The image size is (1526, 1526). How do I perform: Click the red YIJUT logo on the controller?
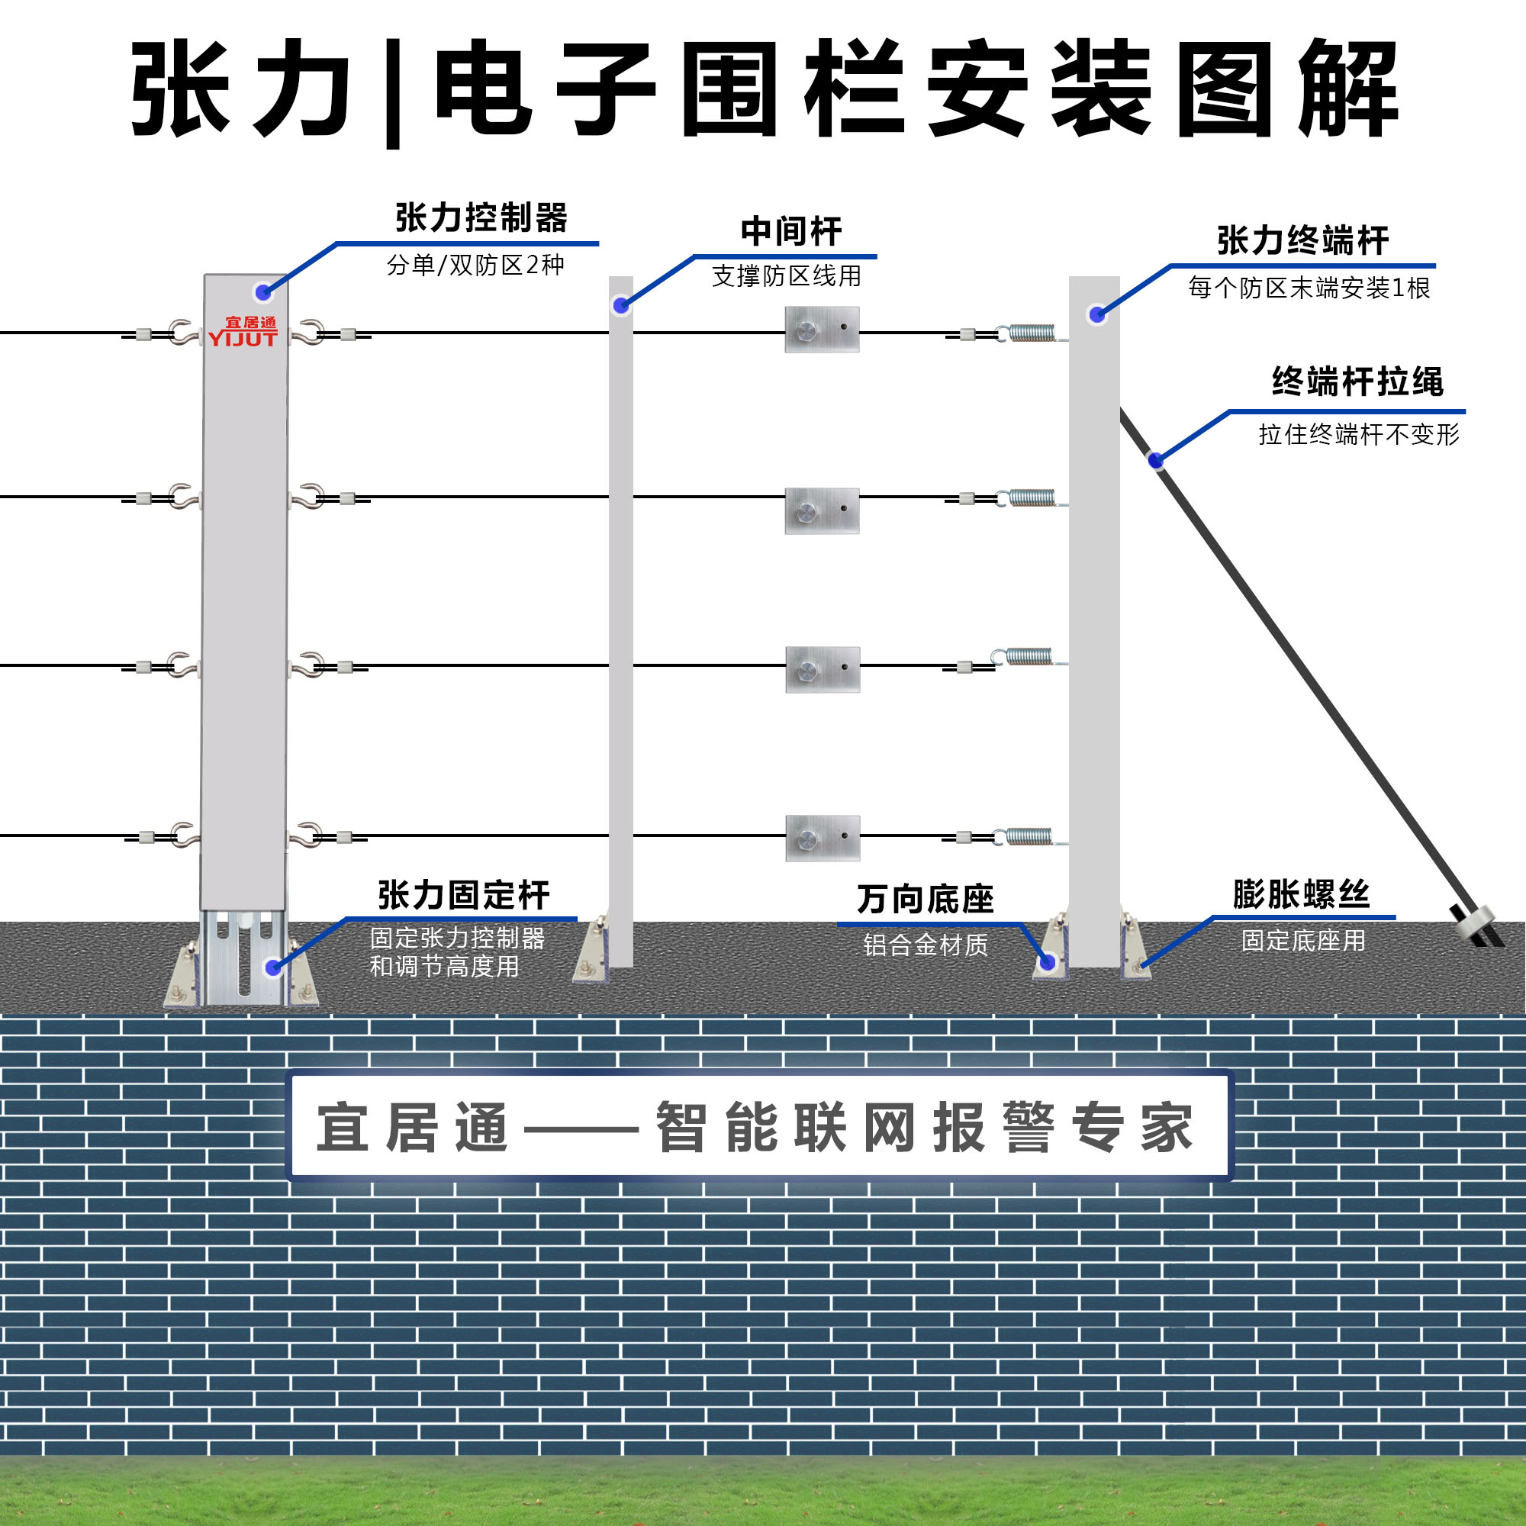coord(243,333)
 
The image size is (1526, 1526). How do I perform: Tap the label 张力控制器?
coord(481,218)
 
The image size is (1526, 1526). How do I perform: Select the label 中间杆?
coord(790,231)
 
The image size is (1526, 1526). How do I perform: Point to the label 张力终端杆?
coord(1302,240)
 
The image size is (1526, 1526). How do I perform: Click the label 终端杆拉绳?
coord(1357,381)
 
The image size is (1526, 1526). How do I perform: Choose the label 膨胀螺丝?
coord(1301,894)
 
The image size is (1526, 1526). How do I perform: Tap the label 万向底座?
coord(925,899)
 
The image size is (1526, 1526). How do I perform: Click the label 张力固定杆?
coord(464,896)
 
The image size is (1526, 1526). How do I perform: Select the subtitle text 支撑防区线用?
coord(786,275)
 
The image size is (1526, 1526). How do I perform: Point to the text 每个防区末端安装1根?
coord(1309,288)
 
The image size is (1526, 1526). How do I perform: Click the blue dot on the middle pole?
coord(621,306)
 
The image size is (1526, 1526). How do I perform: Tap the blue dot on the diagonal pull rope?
coord(1155,459)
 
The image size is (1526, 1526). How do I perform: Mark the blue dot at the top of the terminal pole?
coord(1096,315)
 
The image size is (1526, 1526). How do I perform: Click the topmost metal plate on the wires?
coord(822,330)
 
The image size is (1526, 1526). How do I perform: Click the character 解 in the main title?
coord(1347,89)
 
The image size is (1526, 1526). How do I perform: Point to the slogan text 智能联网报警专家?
coord(923,1127)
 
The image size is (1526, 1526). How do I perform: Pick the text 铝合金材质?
coord(925,945)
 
